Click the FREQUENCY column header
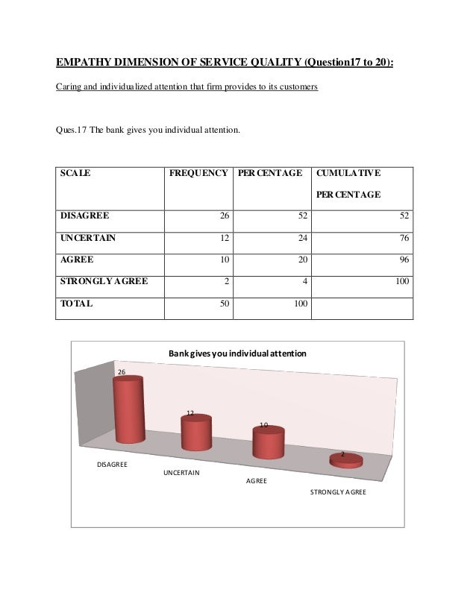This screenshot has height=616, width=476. click(x=198, y=173)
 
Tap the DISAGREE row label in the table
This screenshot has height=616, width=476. click(x=84, y=216)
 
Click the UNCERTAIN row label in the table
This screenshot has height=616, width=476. click(x=88, y=238)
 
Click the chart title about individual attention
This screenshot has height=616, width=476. click(x=237, y=352)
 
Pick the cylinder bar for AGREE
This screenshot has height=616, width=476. click(x=268, y=442)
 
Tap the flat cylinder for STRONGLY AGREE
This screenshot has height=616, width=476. click(x=345, y=461)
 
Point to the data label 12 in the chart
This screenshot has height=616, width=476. click(x=190, y=412)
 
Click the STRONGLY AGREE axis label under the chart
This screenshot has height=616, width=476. click(x=337, y=493)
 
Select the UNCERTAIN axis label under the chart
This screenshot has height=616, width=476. click(x=181, y=473)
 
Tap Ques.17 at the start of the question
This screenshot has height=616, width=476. click(x=71, y=130)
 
